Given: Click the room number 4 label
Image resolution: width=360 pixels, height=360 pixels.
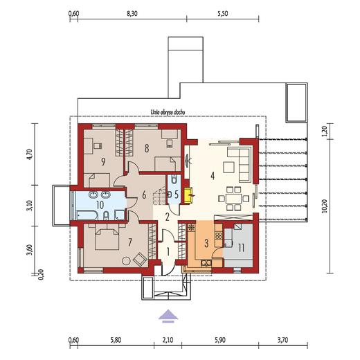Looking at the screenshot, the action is pos(213,176).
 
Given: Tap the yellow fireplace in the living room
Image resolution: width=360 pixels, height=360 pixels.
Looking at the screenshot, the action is pos(188,196).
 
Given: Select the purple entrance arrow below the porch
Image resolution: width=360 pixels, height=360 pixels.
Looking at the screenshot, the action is pos(168,316).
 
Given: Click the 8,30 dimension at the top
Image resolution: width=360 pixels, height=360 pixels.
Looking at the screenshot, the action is pos(132,14).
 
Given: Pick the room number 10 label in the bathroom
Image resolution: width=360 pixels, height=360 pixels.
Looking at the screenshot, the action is pos(100,205).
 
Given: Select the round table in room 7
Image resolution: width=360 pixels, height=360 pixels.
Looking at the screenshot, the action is pos(126,261).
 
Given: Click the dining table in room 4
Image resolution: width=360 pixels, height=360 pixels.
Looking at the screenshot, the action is pos(234,199).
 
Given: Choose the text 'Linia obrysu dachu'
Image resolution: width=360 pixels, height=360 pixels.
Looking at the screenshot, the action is pos(168,112).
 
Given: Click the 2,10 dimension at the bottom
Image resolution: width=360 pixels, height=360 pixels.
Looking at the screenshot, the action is pos(168,340).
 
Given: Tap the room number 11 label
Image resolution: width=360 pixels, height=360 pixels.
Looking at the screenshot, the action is pos(242,248).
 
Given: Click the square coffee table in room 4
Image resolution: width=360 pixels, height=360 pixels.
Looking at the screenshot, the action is pos(228,167).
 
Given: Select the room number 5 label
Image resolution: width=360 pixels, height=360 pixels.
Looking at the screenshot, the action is pos(177,195).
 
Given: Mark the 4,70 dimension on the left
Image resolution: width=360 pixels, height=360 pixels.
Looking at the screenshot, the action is pos(30,154).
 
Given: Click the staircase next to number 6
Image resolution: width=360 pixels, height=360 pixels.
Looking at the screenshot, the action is pos(159,197).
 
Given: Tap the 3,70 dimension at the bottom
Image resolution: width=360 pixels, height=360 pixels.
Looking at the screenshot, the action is pos(282,340).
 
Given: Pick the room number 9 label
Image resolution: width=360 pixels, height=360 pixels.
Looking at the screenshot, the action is pos(103,162).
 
